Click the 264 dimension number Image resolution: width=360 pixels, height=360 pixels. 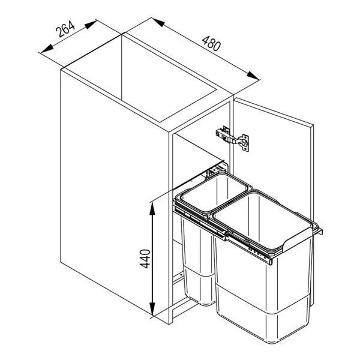coord(65,29)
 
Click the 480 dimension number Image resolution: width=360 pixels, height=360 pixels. coord(211,43)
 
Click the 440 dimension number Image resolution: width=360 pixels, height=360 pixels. coord(145,259)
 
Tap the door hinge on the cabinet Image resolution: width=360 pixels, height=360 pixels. coord(232,138)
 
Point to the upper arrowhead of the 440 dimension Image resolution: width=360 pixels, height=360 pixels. coord(152,209)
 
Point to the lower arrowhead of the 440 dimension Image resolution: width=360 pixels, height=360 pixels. coord(152,309)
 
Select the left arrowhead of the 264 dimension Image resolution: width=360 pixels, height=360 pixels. coord(47,49)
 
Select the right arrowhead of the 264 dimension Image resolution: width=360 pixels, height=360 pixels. coord(91,25)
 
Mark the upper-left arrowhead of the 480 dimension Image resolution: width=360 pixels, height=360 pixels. coord(158,22)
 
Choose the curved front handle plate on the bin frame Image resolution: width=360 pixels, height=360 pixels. coord(298,240)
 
